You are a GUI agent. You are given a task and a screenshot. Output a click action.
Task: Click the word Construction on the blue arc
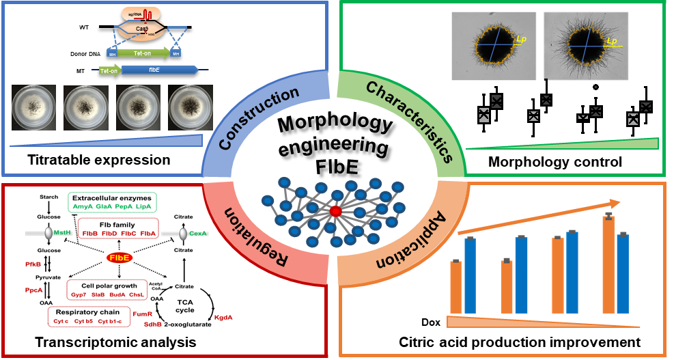click(x=259, y=118)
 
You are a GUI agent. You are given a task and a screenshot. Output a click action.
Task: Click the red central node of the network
click(x=335, y=212)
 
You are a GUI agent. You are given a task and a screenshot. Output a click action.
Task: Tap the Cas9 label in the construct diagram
click(x=142, y=29)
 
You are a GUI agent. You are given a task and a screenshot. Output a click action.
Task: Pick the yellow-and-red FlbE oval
click(x=120, y=258)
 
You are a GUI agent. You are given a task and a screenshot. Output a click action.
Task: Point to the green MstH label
click(x=63, y=233)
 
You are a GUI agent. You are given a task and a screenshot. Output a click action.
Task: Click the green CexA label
click(x=198, y=233)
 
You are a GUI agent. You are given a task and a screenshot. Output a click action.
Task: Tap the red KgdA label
click(x=223, y=317)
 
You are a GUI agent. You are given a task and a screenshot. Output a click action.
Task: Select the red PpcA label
click(x=34, y=290)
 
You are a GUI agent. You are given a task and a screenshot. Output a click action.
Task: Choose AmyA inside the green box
click(x=83, y=205)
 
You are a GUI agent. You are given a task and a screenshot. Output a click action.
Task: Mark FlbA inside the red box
click(x=149, y=233)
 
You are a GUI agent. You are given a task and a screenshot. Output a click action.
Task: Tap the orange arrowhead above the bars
click(x=614, y=203)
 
